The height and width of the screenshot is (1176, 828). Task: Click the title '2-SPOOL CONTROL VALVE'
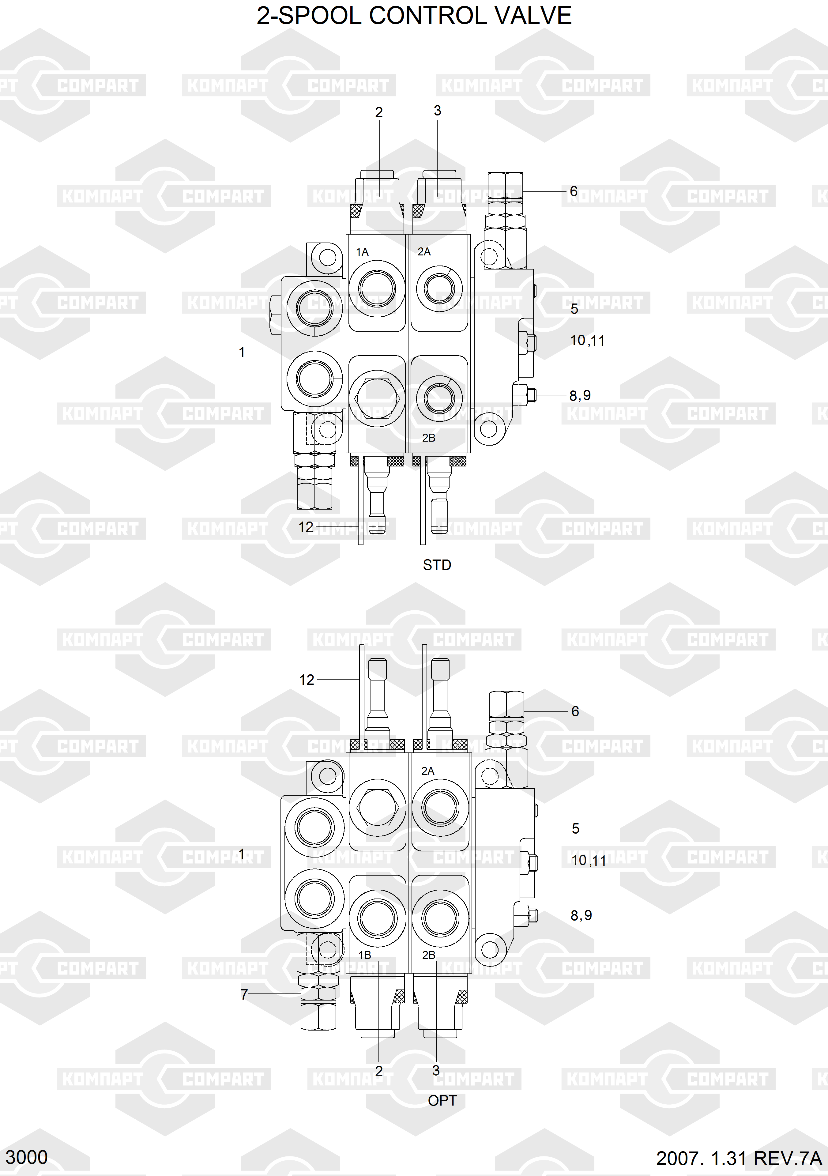point(414,16)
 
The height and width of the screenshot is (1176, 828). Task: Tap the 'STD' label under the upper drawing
point(437,565)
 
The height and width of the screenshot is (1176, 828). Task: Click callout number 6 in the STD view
point(574,192)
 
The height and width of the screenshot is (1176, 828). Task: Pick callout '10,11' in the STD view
point(587,341)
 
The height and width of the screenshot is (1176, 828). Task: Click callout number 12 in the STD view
point(306,527)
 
